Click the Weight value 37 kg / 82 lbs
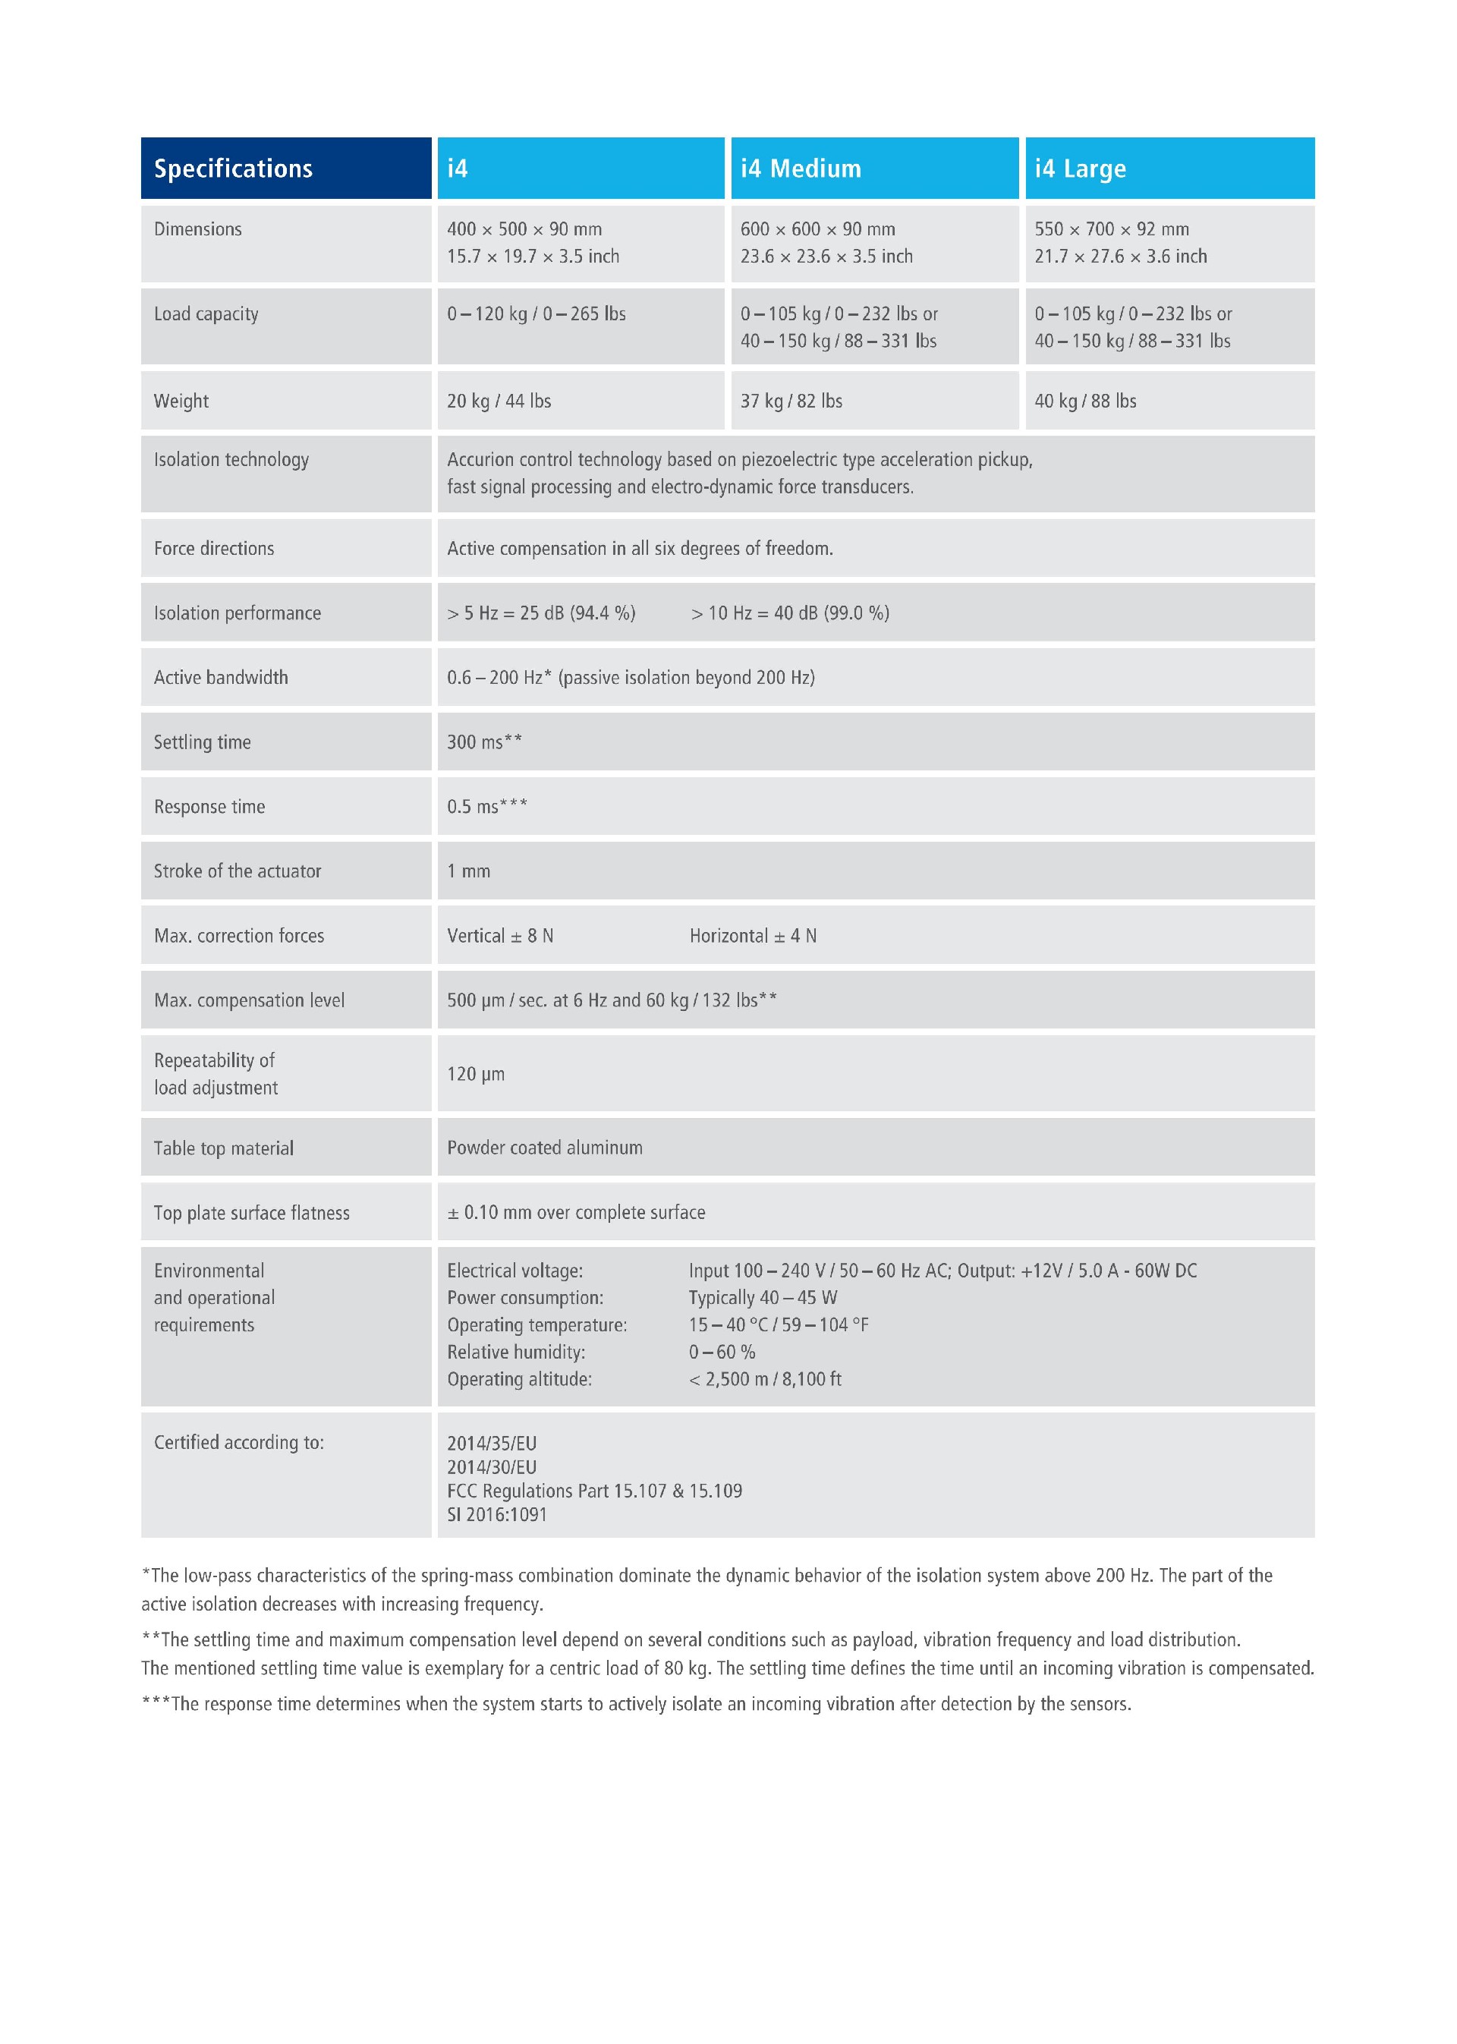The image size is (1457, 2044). click(791, 401)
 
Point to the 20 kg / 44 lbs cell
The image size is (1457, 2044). click(499, 401)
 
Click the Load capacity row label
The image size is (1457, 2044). click(206, 314)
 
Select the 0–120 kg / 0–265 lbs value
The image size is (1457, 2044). click(537, 314)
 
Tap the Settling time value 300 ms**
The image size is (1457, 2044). click(484, 742)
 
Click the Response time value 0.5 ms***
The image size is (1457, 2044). click(487, 807)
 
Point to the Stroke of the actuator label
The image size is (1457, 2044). click(238, 871)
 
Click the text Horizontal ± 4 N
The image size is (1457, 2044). click(753, 936)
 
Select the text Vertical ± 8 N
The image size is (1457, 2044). click(500, 936)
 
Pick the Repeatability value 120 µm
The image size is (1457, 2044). click(476, 1074)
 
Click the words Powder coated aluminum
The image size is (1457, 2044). click(545, 1148)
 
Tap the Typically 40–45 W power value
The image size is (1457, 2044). click(763, 1297)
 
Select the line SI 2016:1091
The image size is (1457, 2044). click(497, 1515)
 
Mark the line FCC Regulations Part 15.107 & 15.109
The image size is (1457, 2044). click(594, 1491)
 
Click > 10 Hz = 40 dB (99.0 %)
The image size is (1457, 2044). click(789, 613)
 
